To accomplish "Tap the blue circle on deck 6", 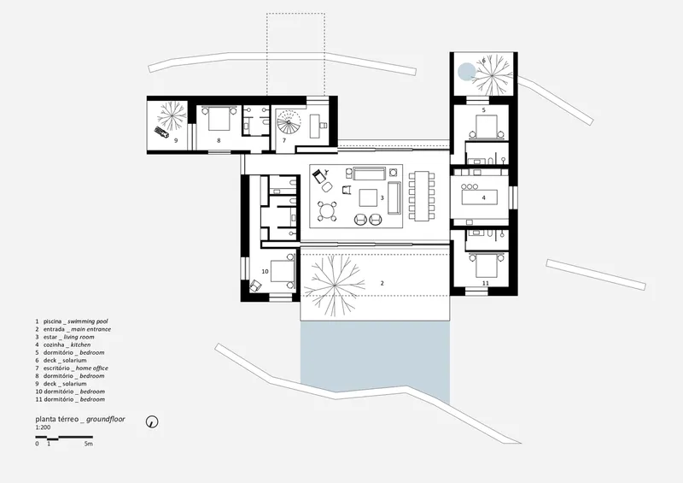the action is (x=466, y=72).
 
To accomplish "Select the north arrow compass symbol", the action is (x=152, y=421).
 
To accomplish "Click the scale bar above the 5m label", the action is (x=64, y=437).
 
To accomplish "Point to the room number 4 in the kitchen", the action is (x=483, y=197).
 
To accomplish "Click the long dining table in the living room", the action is (x=422, y=196).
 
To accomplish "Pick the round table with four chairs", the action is (x=327, y=212).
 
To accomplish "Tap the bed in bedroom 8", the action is (x=218, y=119).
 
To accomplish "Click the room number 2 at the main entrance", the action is (x=382, y=283).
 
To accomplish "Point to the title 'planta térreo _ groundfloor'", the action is (x=80, y=419).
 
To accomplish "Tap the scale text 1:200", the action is (x=44, y=427).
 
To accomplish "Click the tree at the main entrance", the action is (x=334, y=286).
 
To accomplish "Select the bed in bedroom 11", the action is (x=486, y=265).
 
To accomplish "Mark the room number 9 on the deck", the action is (x=176, y=140).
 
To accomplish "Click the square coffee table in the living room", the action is (x=368, y=197).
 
